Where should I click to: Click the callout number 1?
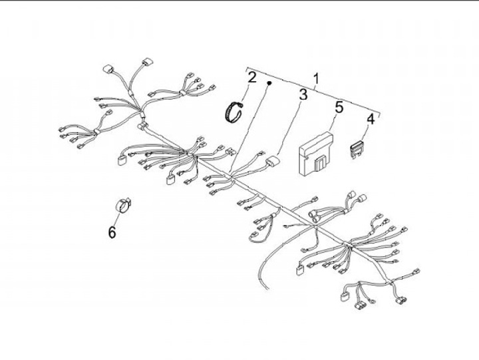pos(316,79)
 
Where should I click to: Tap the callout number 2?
pos(251,77)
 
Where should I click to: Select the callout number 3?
pos(303,94)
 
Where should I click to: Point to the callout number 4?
pos(371,119)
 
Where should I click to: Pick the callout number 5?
pos(339,107)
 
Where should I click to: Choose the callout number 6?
pos(112,232)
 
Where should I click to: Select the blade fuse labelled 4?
pos(357,149)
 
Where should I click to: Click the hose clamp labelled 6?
pos(123,205)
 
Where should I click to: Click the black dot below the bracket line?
pos(269,83)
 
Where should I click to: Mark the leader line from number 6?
pos(116,220)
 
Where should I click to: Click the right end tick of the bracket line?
pos(379,114)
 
